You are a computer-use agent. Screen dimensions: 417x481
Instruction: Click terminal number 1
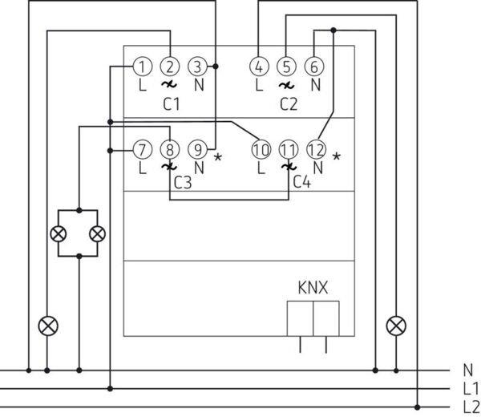[141, 67]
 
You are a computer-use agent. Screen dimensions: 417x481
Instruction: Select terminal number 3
[198, 67]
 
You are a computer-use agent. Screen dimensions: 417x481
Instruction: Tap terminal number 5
[287, 67]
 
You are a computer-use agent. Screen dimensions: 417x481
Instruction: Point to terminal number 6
[315, 67]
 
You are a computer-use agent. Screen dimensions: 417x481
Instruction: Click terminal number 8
[169, 149]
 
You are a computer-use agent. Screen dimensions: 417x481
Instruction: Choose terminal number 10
[260, 149]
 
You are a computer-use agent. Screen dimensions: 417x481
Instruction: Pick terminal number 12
[317, 149]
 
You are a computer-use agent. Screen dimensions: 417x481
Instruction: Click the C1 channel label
[171, 103]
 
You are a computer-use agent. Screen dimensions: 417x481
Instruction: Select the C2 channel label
[289, 103]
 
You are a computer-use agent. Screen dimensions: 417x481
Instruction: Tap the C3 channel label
[183, 182]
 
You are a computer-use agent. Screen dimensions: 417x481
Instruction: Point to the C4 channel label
[301, 182]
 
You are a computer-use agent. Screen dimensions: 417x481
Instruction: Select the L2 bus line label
[471, 405]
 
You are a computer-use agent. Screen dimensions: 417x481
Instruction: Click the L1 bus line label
[471, 388]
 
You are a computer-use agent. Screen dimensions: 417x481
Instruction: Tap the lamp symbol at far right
[394, 326]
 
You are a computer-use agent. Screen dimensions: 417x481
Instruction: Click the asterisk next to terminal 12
[337, 156]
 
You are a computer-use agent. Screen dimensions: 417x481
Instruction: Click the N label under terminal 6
[315, 83]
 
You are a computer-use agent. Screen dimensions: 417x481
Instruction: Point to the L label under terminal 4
[259, 83]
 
